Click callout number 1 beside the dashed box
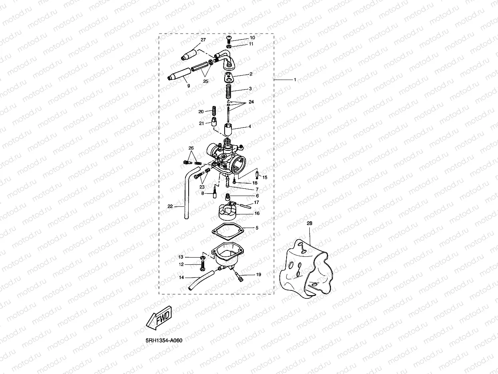point(295,80)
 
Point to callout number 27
point(203,40)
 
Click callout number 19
point(258,275)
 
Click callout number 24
point(251,102)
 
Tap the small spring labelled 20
point(213,110)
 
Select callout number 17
point(257,202)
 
